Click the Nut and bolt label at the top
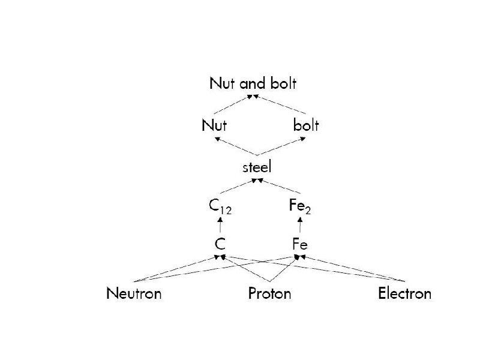pos(253,83)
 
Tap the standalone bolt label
pos(306,125)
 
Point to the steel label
pos(257,167)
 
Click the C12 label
pos(220,207)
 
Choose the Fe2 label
pos(299,207)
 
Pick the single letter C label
pos(220,244)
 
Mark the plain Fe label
pos(300,244)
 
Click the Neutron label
pos(134,293)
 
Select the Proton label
pos(270,293)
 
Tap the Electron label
pos(404,293)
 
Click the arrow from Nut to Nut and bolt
pos(234,104)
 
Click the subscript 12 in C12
pos(226,211)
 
